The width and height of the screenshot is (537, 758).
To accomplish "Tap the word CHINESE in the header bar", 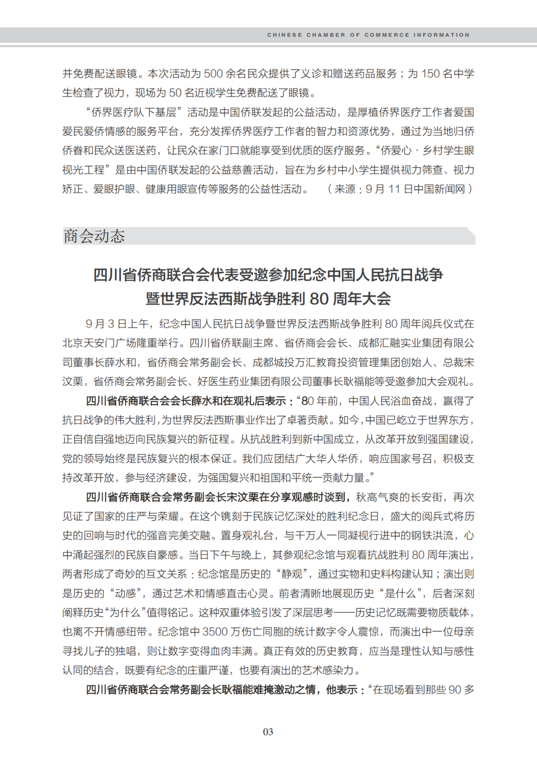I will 284,35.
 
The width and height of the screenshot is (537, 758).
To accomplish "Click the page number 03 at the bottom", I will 268,732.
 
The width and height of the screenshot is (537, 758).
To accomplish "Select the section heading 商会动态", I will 94,236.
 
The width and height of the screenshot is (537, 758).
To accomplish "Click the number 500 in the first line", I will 213,74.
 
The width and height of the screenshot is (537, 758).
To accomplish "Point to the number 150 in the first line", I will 431,74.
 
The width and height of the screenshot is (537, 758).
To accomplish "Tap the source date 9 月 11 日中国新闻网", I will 415,189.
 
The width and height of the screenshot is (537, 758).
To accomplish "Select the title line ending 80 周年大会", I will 268,299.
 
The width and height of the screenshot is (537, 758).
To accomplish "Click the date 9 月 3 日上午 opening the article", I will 116,324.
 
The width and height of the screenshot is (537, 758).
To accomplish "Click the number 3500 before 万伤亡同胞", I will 215,632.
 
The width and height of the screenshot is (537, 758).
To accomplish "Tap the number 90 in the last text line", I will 455,690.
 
